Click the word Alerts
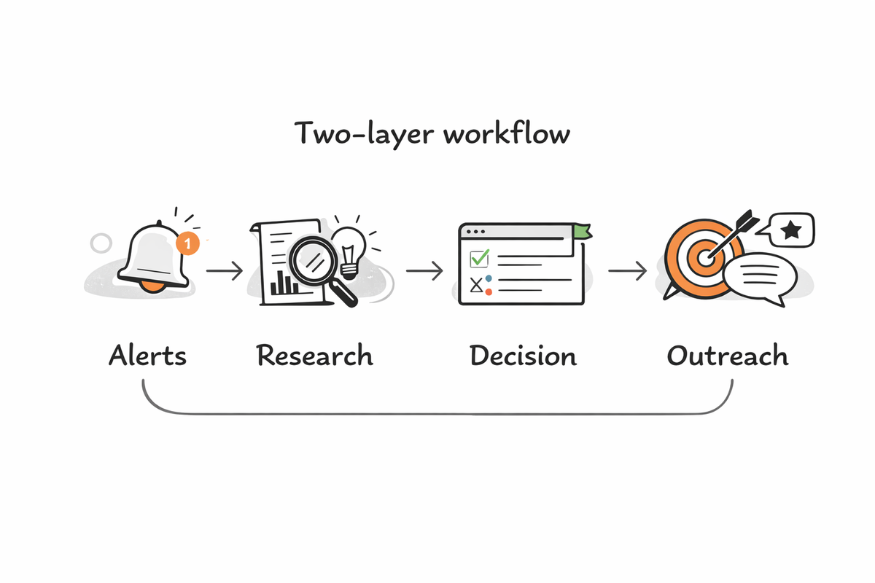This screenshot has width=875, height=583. point(147,356)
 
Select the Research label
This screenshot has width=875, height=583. point(314,356)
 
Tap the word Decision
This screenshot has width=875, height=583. point(523,356)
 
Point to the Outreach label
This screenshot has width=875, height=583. point(728,356)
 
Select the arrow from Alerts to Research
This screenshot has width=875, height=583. point(224,271)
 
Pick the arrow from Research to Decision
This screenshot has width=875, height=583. point(424,271)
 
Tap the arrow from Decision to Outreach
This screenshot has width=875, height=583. point(627,271)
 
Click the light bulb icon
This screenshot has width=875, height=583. point(349,246)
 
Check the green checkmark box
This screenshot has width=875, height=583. point(479,258)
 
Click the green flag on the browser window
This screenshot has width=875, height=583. point(581,231)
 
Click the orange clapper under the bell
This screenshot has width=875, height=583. point(152,286)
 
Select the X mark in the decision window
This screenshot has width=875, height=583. point(477,285)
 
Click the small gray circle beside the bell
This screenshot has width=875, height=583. point(101,243)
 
